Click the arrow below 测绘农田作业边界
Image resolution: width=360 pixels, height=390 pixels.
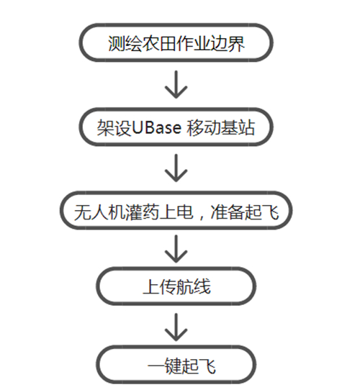(176, 85)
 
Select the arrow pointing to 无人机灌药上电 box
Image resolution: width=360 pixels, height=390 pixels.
(176, 168)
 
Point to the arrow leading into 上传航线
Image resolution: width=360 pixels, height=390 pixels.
(176, 249)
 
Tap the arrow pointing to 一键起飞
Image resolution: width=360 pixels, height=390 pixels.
(176, 327)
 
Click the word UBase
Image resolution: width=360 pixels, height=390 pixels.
(156, 127)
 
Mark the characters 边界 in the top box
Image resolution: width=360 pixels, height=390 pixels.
(228, 43)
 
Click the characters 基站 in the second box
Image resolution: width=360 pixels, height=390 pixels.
(238, 127)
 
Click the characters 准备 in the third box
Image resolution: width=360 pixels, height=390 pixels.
(228, 212)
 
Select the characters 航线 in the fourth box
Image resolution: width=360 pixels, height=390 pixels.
(194, 286)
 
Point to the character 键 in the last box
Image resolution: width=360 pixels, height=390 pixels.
(173, 366)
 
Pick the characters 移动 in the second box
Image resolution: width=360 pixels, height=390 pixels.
(204, 127)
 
